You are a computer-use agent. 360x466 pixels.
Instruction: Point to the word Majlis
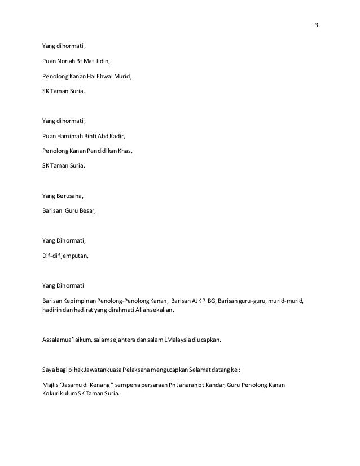coord(50,385)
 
